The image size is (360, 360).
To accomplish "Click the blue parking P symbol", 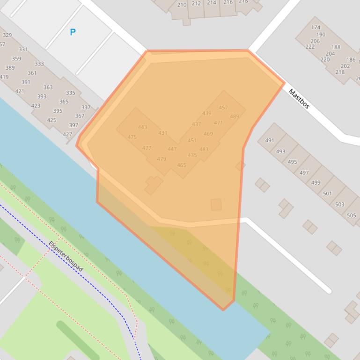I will click(x=73, y=32).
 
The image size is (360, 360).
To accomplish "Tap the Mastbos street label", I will click(x=299, y=99).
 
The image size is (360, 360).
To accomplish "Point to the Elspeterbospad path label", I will click(x=66, y=256).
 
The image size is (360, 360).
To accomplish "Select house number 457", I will click(x=223, y=108).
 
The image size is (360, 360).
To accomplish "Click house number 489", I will click(x=234, y=116).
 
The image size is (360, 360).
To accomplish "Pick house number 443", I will click(x=142, y=127).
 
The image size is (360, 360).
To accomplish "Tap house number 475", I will click(x=132, y=137).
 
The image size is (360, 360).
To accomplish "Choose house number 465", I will click(x=182, y=165).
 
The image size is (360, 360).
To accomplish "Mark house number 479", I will click(x=162, y=159).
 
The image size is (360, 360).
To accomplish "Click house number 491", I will click(x=269, y=140).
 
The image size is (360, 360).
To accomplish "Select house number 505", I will click(x=351, y=216).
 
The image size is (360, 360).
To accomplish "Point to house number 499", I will click(x=316, y=183).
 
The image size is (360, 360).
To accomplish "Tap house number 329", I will click(x=7, y=35).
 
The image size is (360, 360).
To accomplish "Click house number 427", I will click(x=67, y=135).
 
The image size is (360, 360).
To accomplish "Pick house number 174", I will click(x=316, y=28).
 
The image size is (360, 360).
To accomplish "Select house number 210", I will click(x=182, y=5).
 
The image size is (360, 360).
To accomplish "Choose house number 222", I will click(x=310, y=47).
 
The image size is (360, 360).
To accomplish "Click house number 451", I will click(x=192, y=140).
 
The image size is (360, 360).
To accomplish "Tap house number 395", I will click(x=58, y=111).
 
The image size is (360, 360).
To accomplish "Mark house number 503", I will click(x=339, y=204).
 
